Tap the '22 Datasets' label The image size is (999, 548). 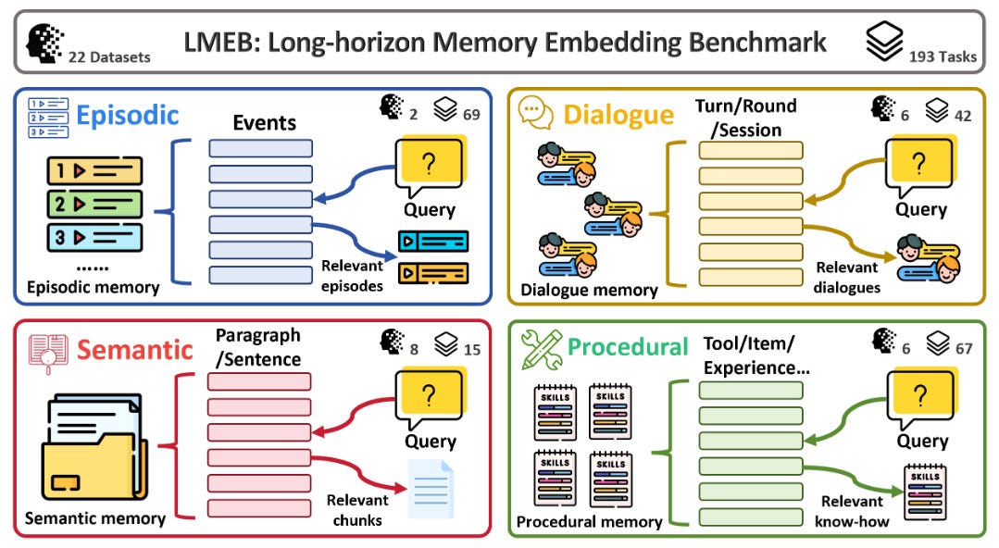[109, 57]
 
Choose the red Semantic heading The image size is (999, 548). [135, 349]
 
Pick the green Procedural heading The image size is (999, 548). [628, 347]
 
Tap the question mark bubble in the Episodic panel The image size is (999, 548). [428, 166]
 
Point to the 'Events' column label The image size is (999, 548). [264, 123]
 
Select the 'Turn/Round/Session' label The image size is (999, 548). [745, 118]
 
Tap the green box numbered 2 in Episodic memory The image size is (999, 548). [94, 203]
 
